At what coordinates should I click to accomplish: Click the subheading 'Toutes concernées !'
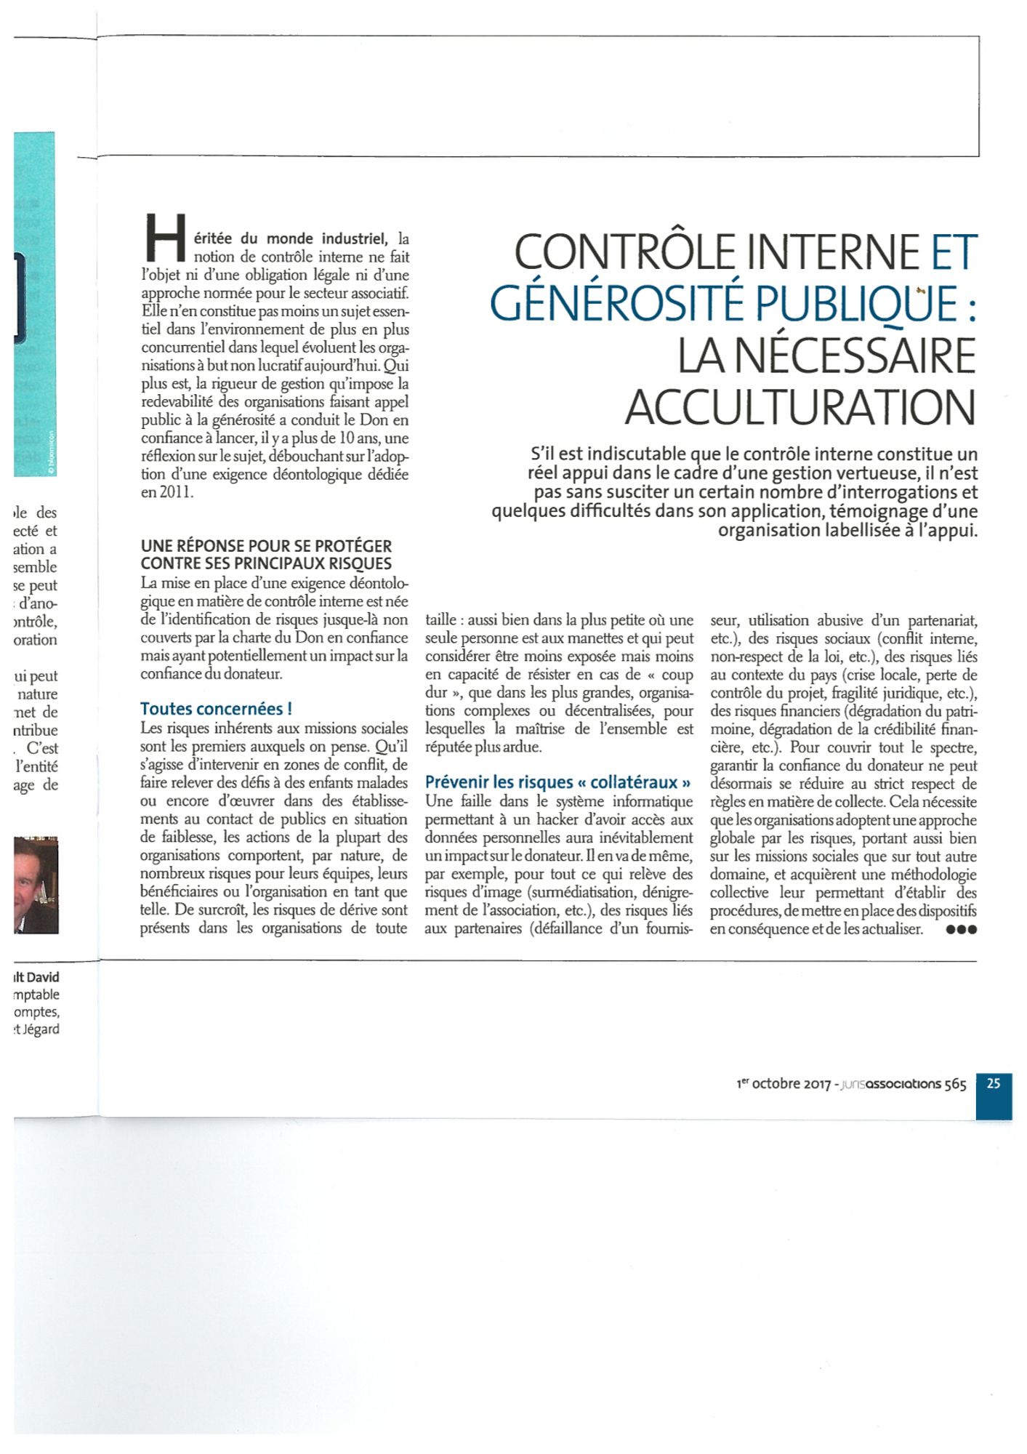click(x=216, y=709)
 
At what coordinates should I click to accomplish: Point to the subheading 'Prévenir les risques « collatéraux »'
click(x=557, y=782)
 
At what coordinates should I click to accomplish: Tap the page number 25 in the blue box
click(x=994, y=1083)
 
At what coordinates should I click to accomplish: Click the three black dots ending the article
click(x=962, y=930)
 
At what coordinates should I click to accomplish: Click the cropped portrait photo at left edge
click(x=36, y=885)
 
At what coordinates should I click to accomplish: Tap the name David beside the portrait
click(x=43, y=977)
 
